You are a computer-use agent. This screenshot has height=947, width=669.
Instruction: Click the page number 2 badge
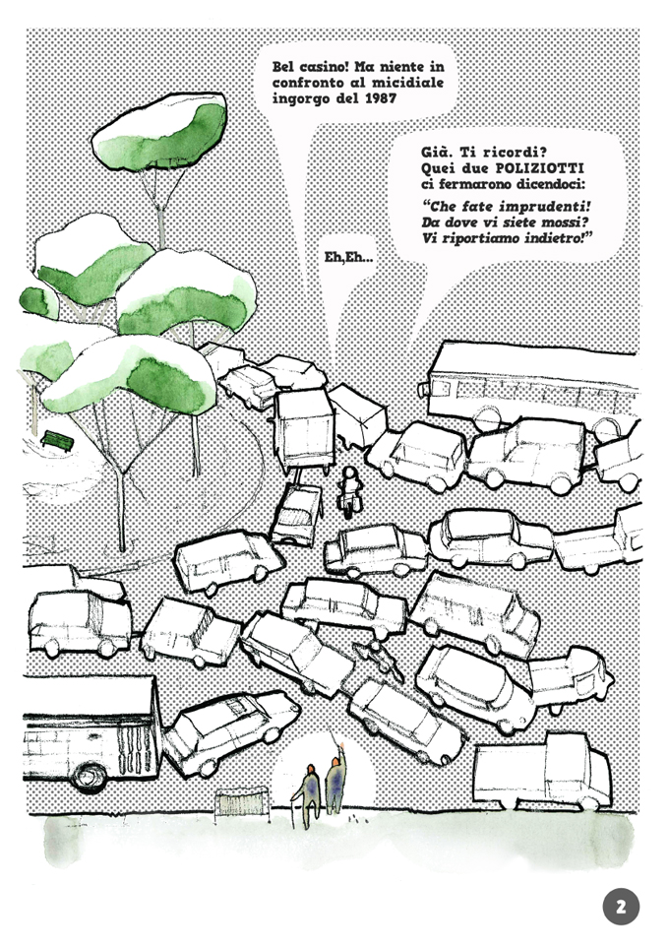(x=621, y=906)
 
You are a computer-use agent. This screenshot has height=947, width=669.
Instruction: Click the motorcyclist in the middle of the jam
(x=349, y=489)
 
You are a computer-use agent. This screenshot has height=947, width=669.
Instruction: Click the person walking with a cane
(x=309, y=789)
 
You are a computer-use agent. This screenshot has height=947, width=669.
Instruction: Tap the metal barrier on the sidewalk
(x=241, y=802)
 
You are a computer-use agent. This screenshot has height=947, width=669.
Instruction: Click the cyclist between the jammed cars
(x=378, y=659)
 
